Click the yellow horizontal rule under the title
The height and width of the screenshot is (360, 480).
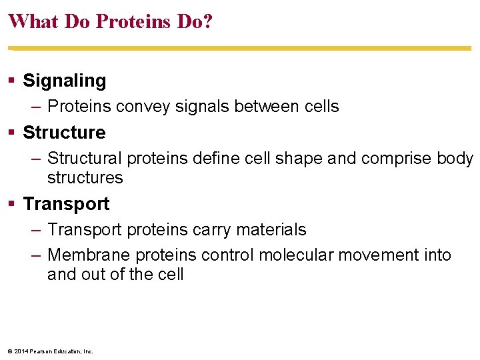pyautogui.click(x=240, y=48)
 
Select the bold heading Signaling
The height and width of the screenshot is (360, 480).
pyautogui.click(x=65, y=81)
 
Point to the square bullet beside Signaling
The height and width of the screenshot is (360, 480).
pyautogui.click(x=12, y=81)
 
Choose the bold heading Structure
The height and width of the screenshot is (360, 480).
pyautogui.click(x=64, y=132)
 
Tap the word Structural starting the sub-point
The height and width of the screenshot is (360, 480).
pyautogui.click(x=85, y=159)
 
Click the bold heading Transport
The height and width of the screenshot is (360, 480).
pyautogui.click(x=66, y=203)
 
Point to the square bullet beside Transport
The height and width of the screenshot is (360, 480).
pyautogui.click(x=12, y=203)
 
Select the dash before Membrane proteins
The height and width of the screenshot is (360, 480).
pyautogui.click(x=37, y=255)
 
